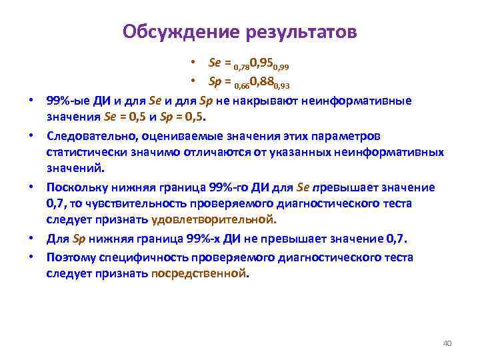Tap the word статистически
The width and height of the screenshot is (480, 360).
(x=81, y=152)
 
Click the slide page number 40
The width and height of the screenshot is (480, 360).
(x=447, y=343)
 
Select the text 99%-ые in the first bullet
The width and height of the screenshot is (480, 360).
(x=66, y=101)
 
